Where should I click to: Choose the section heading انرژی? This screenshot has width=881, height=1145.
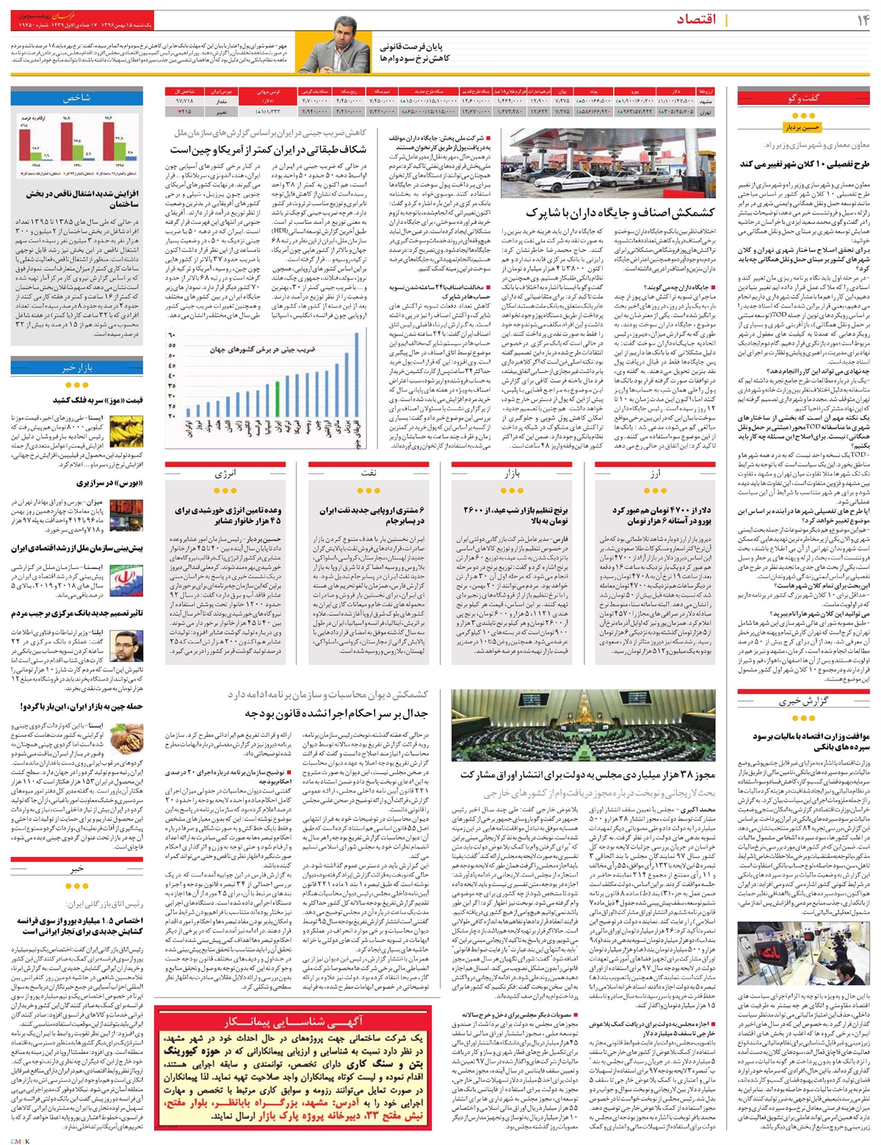(225, 473)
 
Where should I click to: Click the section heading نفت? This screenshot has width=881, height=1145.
(367, 473)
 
